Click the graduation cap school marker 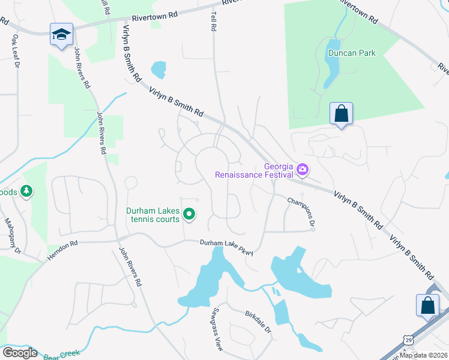(61, 35)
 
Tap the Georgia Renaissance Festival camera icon (302, 170)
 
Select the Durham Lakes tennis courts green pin (189, 214)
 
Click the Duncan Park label (352, 53)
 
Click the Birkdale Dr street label (258, 322)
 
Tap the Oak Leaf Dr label (16, 52)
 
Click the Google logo (19, 352)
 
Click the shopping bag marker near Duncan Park (341, 113)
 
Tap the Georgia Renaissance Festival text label (254, 171)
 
